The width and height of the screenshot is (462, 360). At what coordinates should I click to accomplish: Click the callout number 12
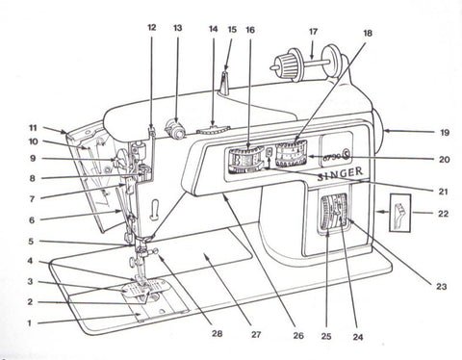pos(151,28)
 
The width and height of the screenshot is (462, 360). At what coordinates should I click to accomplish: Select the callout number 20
pos(443,158)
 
